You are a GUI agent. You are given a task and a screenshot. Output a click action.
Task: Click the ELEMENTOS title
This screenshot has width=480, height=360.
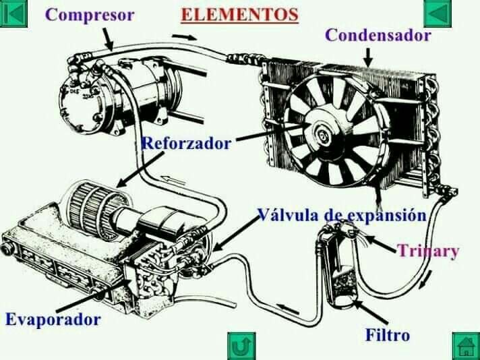[240, 15]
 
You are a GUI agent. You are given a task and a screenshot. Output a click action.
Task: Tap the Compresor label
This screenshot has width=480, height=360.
[90, 15]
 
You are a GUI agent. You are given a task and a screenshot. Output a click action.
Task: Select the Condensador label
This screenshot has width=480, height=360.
[378, 35]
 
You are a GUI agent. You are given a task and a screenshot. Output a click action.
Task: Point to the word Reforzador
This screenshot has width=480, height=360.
[187, 143]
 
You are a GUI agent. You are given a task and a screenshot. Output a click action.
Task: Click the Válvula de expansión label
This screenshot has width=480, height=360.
[341, 214]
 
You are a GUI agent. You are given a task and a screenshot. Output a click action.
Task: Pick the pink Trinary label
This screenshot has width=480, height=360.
[428, 251]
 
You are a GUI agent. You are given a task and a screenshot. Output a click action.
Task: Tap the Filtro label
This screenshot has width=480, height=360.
[388, 334]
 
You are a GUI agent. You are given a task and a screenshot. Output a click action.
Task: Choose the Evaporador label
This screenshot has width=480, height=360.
[53, 320]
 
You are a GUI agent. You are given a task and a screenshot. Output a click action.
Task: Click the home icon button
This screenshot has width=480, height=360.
[467, 347]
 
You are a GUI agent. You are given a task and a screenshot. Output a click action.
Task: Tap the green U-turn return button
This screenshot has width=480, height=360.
[241, 347]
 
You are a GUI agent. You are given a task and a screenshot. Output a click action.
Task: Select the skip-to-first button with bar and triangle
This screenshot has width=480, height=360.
[13, 13]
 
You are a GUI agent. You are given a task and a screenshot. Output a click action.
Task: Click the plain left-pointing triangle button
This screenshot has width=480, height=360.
[438, 13]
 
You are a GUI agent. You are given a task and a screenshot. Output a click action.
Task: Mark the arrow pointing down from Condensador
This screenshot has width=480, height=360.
[369, 57]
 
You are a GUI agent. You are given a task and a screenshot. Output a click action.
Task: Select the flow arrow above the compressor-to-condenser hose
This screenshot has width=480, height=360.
[184, 37]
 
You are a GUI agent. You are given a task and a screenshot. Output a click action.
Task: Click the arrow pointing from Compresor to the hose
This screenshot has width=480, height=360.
[108, 40]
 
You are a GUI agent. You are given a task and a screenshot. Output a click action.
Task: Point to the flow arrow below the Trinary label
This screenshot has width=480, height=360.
[426, 279]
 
